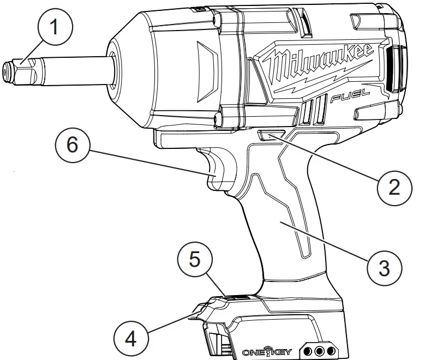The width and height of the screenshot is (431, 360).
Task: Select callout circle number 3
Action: [x=385, y=267]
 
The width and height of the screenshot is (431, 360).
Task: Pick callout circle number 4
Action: [x=131, y=338]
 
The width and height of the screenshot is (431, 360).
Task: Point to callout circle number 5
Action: [x=195, y=259]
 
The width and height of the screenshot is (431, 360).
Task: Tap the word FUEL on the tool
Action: [x=350, y=98]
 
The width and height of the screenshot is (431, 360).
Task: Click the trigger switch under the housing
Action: [x=220, y=169]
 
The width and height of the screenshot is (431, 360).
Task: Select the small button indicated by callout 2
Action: [x=270, y=136]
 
